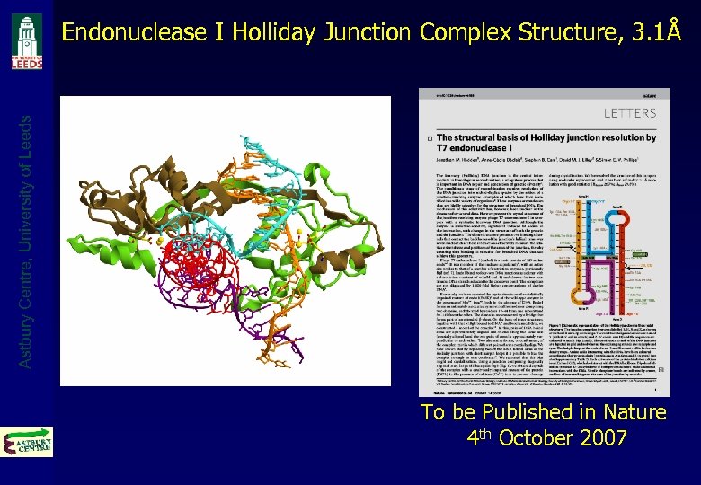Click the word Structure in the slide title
[562, 33]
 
